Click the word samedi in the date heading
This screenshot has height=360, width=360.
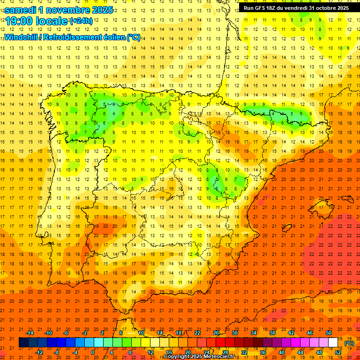tap(21, 10)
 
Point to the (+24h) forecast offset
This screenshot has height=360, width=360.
tap(81, 21)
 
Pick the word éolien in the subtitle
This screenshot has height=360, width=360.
tap(113, 37)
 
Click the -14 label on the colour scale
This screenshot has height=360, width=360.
tap(30, 333)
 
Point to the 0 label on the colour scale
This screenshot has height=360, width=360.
tap(93, 352)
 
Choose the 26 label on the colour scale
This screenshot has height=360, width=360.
tap(216, 333)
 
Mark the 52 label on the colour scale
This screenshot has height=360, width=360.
tap(338, 352)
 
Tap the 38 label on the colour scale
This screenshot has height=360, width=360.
tap(272, 333)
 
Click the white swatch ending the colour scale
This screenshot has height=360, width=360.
tap(333, 343)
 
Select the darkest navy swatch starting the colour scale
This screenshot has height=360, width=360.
tap(23, 343)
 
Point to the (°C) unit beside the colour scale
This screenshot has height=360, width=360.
tap(349, 343)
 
